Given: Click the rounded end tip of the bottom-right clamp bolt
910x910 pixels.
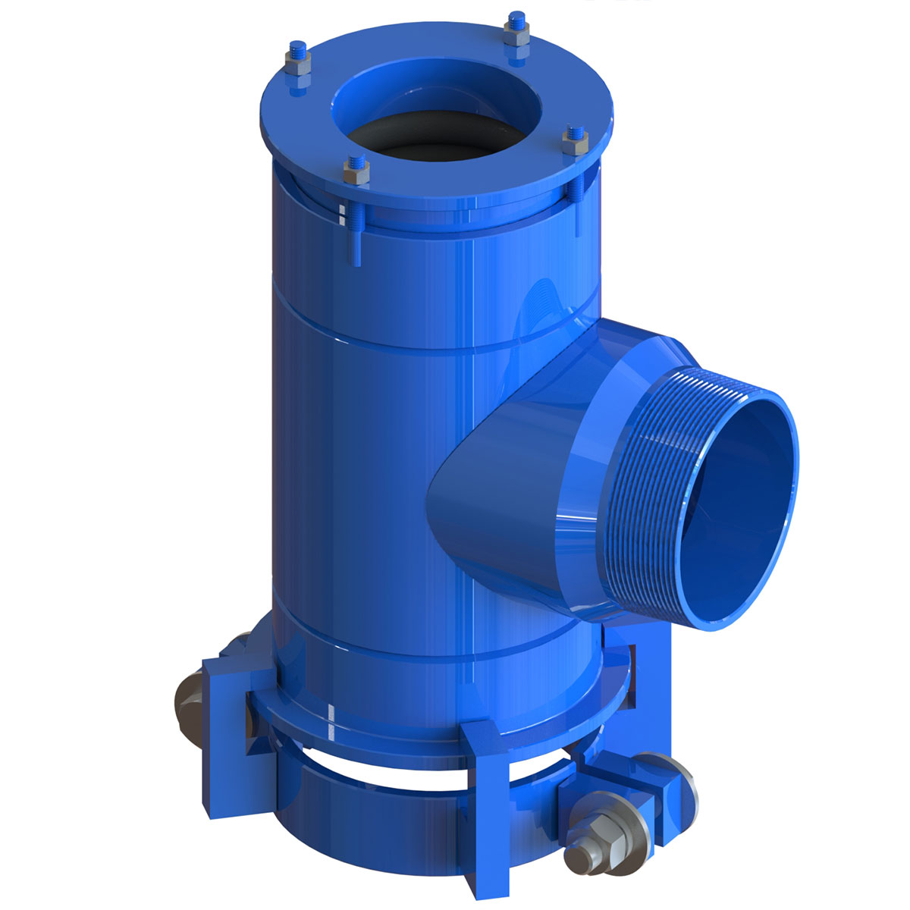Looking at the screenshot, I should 574,860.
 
